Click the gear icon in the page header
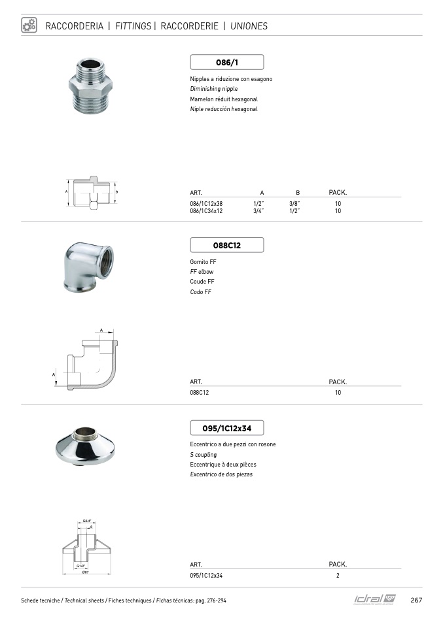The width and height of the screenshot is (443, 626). point(29,25)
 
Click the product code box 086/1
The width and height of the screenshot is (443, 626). point(226,62)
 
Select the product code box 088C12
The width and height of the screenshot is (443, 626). point(226,245)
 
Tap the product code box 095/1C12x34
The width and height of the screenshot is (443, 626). point(226,428)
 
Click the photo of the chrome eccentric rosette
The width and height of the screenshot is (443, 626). point(86,448)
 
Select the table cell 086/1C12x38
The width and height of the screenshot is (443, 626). point(207,203)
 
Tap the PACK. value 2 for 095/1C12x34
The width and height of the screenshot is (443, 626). point(338,576)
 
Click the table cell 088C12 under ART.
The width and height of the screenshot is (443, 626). point(200,393)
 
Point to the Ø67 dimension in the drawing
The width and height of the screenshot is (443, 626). point(86,573)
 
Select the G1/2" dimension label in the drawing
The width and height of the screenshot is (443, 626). point(82,566)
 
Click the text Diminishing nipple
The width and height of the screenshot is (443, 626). point(214,89)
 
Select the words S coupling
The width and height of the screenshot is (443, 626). point(203,454)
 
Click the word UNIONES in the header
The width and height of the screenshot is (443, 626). point(249,27)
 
